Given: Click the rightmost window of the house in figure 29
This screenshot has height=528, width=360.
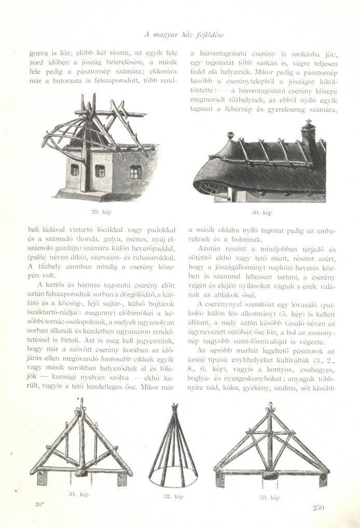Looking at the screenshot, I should click(135, 172).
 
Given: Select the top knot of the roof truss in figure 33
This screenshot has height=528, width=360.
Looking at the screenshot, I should click(270, 407).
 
